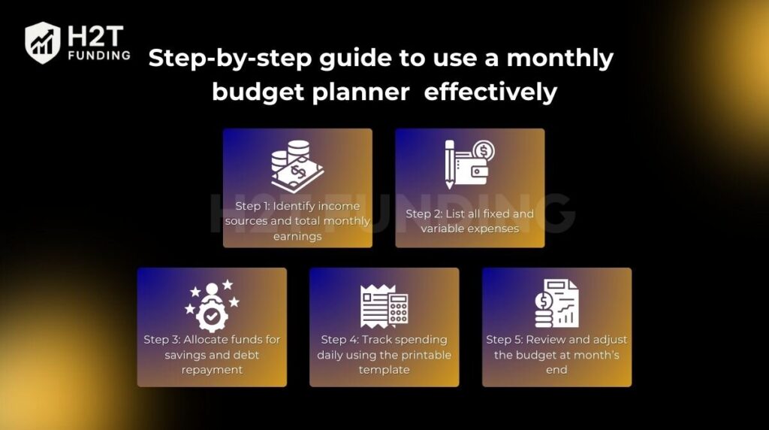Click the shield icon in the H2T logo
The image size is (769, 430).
pos(43,43)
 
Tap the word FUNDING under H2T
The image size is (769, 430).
pos(100,56)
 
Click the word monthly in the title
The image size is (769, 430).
pos(560,59)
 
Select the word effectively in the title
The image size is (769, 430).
pos(490,91)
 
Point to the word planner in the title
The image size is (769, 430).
pos(360,92)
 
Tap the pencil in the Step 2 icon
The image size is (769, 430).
pos(449,165)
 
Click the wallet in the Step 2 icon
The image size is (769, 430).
pos(473,170)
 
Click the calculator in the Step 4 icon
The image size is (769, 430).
pos(398,309)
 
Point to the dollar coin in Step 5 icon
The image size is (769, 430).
pos(544,300)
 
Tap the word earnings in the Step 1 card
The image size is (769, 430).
pos(297,237)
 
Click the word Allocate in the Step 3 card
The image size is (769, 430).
pos(206,340)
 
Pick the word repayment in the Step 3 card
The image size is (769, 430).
pos(212,370)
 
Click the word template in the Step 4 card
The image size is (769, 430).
pos(384,370)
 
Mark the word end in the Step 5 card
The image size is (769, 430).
pos(556,370)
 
